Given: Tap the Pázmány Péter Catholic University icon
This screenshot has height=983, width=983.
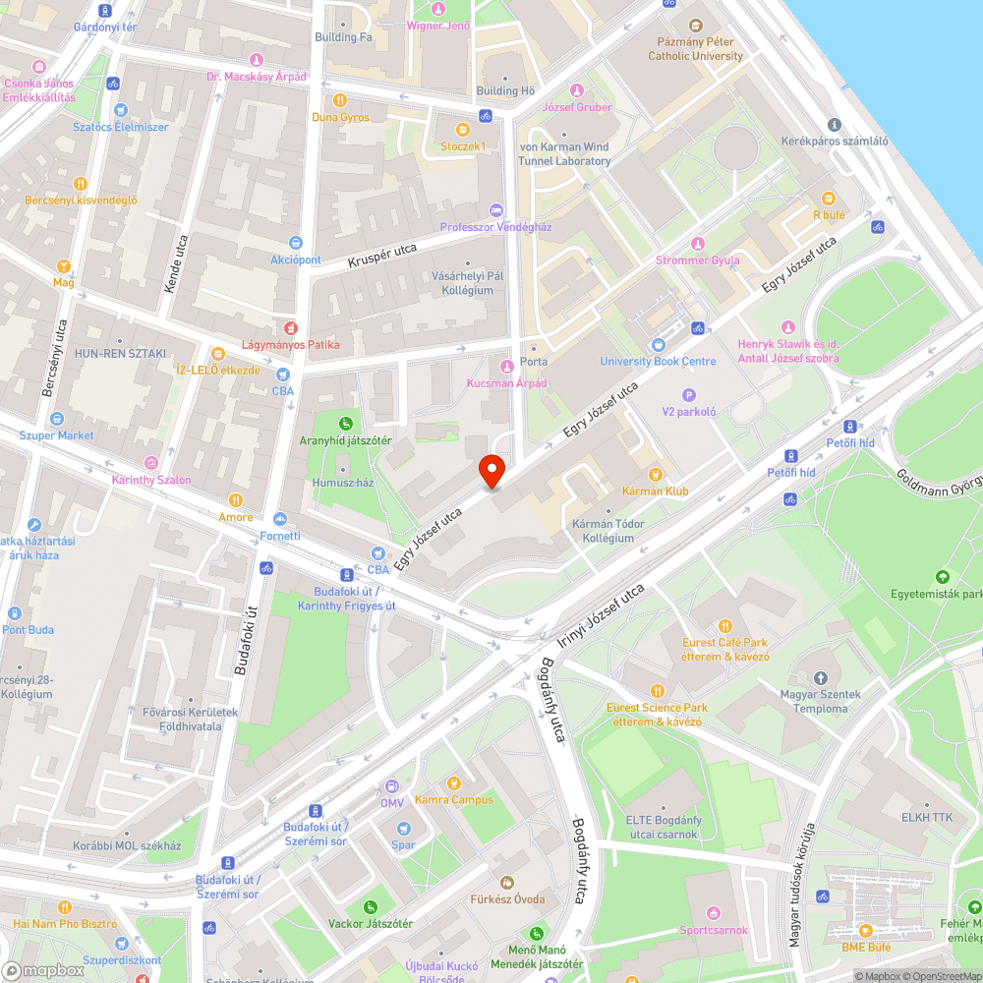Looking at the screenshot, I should click(696, 27).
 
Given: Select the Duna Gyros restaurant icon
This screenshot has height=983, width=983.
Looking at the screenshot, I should click(340, 100).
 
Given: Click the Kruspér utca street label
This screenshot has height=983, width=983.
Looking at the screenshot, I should click(382, 257).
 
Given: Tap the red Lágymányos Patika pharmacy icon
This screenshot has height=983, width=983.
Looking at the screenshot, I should click(290, 328).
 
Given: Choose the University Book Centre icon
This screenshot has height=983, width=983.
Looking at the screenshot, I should click(658, 345).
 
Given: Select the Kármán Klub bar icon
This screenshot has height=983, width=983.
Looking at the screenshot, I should click(655, 475).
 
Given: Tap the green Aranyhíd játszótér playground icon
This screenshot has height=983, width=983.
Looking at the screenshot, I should click(346, 424).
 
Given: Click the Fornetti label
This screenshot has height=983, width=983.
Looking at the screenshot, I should click(280, 536).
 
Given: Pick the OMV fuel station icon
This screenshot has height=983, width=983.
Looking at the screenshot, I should click(392, 786).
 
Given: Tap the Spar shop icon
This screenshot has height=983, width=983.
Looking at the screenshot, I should click(403, 828).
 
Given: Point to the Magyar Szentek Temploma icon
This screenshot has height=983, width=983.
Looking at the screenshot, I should click(821, 678).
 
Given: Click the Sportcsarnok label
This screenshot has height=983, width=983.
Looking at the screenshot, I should click(714, 929).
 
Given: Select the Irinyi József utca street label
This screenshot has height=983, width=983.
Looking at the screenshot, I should click(601, 616).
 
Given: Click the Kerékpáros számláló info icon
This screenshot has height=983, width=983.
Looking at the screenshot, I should click(834, 125).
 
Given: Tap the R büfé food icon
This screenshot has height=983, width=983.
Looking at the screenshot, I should click(829, 198).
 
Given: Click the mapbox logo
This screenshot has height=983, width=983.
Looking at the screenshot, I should click(44, 970).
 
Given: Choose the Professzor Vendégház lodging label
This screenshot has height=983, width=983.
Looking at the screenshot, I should click(496, 226).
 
